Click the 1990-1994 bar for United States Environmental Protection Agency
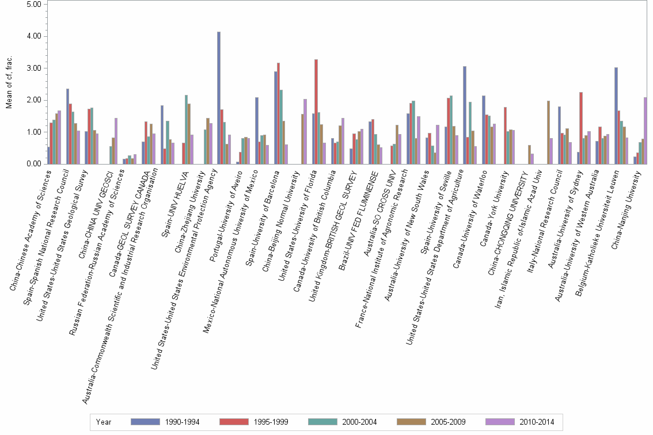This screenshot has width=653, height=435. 219,98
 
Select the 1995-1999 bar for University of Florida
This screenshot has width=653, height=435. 316,112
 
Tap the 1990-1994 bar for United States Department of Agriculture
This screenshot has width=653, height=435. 465,115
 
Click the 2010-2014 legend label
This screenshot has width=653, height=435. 536,422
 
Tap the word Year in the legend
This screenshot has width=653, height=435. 104,422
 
